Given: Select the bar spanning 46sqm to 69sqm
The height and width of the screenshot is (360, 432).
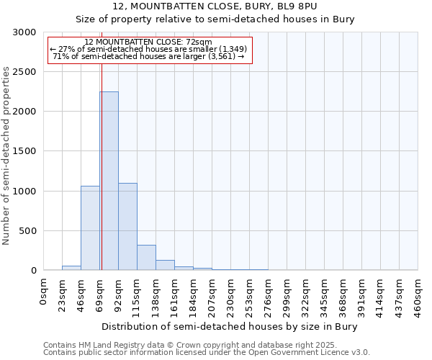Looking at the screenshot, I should (x=90, y=228).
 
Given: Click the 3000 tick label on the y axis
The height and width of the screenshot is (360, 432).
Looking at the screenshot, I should (x=24, y=32).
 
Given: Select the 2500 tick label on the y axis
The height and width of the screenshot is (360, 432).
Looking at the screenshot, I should (x=24, y=72).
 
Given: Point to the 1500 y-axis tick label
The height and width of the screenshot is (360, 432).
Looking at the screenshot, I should (x=24, y=152).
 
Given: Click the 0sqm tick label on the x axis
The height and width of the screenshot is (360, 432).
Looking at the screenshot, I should (x=44, y=292).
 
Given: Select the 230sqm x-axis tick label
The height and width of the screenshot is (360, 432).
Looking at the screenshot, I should (x=231, y=297).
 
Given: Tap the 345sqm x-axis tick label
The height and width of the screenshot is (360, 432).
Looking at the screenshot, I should (x=325, y=297).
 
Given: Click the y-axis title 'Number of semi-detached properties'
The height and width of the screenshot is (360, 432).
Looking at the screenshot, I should (x=6, y=156).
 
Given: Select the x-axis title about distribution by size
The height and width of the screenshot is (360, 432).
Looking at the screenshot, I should (x=230, y=326).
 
